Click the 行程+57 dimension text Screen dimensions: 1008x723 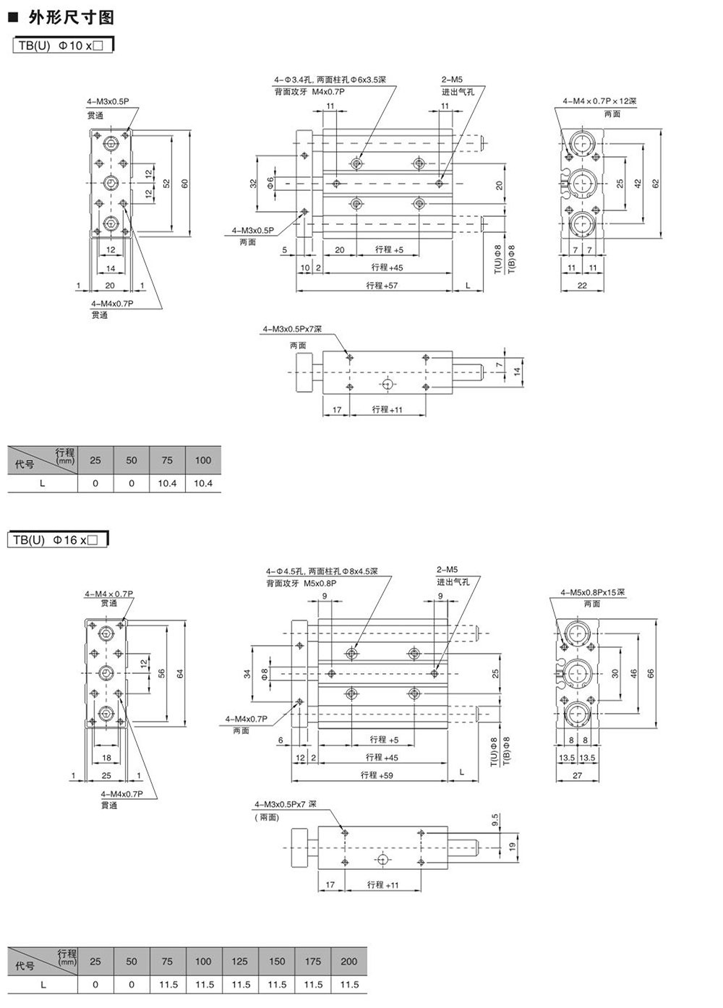pos(382,286)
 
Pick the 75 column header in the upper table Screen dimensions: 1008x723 pos(167,461)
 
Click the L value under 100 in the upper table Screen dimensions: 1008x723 pos(203,483)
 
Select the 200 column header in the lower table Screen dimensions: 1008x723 pos(348,962)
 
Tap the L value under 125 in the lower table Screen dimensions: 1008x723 pos(240,984)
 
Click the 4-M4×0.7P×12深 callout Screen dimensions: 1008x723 pos(599,101)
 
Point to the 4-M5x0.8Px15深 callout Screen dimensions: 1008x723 pos(592,592)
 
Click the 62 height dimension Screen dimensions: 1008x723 pos(656,184)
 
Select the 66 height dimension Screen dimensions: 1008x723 pos(651,673)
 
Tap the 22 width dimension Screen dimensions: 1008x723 pos(582,285)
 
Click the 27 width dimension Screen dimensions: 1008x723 pos(577,775)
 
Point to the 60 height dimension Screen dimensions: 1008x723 pos(184,184)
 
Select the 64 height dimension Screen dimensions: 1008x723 pos(180,673)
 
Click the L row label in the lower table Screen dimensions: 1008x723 pos(43,984)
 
